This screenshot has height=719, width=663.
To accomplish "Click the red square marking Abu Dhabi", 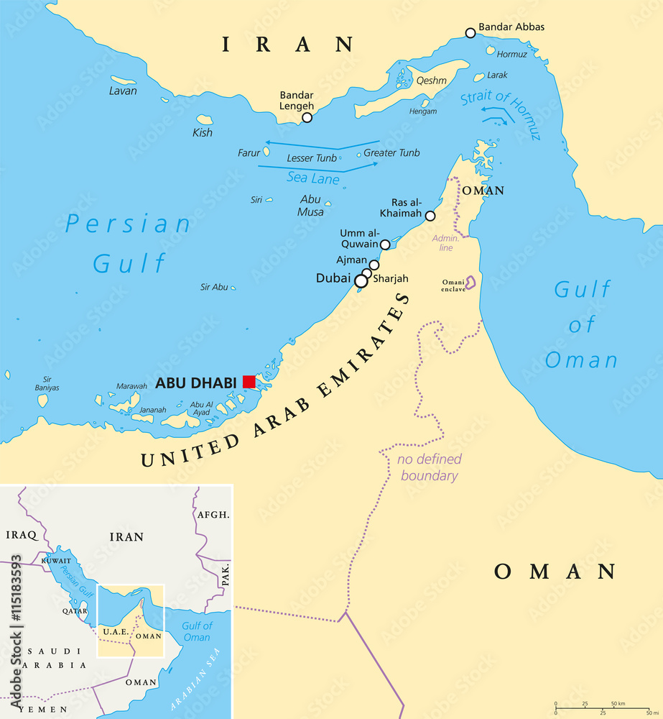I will click(249, 382).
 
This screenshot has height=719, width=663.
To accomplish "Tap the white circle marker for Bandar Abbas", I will click(470, 33).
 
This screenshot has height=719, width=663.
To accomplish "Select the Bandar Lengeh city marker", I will click(307, 117).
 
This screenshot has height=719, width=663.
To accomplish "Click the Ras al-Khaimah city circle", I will click(430, 216).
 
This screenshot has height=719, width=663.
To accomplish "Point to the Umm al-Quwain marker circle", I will click(385, 245).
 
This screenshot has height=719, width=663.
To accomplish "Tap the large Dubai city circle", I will click(361, 281).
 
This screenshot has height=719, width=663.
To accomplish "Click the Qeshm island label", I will click(432, 81).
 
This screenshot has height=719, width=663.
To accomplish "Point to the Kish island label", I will click(203, 133).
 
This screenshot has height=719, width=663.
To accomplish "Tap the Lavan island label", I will click(123, 91).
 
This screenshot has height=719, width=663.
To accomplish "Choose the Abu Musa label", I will click(311, 206).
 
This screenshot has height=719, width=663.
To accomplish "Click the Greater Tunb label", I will click(391, 153).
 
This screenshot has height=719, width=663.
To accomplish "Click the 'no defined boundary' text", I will click(430, 467).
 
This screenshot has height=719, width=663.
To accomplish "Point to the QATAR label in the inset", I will click(74, 610).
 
